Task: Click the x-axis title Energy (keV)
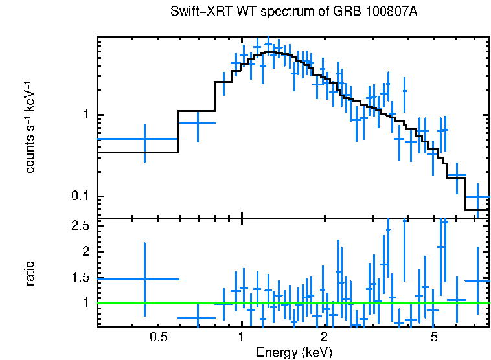pyautogui.click(x=294, y=352)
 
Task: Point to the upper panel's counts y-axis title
pyautogui.click(x=30, y=127)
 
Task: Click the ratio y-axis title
pyautogui.click(x=30, y=273)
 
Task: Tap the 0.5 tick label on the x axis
pyautogui.click(x=158, y=337)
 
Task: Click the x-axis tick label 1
pyautogui.click(x=241, y=337)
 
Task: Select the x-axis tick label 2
pyautogui.click(x=324, y=337)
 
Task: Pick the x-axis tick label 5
pyautogui.click(x=434, y=337)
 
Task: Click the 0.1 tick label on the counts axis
pyautogui.click(x=80, y=197)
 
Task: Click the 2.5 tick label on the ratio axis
pyautogui.click(x=80, y=226)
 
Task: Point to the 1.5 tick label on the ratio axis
pyautogui.click(x=80, y=277)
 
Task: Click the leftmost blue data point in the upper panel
pyautogui.click(x=144, y=139)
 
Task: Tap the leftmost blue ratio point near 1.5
pyautogui.click(x=144, y=279)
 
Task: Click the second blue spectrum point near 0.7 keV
pyautogui.click(x=198, y=123)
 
